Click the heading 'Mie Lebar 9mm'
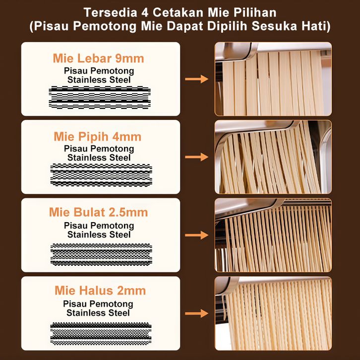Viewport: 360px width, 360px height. click(x=98, y=59)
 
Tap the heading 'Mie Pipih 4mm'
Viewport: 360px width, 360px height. click(x=98, y=136)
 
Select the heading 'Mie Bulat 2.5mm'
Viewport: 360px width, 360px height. click(x=98, y=212)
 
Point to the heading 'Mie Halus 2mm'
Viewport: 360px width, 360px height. click(x=100, y=291)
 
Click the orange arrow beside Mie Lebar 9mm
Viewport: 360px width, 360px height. click(x=196, y=79)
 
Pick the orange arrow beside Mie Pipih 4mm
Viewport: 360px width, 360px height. click(x=196, y=157)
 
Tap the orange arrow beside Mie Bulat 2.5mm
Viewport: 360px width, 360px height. click(x=196, y=235)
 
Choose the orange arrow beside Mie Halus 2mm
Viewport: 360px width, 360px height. click(x=196, y=313)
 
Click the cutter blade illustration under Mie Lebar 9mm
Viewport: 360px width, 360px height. click(x=100, y=97)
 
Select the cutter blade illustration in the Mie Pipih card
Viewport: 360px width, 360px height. click(x=101, y=175)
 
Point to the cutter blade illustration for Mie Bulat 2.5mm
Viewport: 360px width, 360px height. click(x=101, y=254)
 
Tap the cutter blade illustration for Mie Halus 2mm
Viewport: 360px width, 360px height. click(x=101, y=334)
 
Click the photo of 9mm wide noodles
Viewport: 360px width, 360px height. click(x=273, y=79)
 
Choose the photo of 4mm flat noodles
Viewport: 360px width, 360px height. click(x=273, y=157)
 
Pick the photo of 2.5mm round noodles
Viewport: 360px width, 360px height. click(x=273, y=236)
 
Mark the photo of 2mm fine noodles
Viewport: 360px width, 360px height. click(x=273, y=313)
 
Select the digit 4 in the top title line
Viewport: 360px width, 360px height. click(x=145, y=12)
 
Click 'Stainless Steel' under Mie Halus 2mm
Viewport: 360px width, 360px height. click(x=98, y=313)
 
